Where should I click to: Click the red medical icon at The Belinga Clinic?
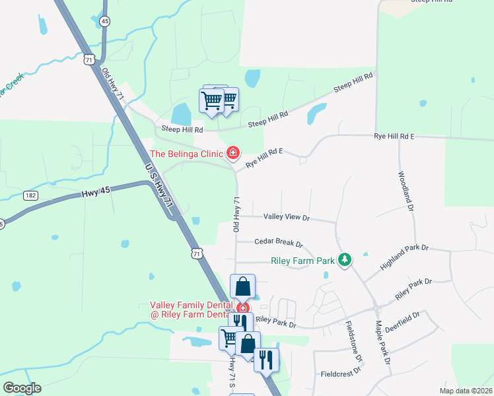tap(232, 154)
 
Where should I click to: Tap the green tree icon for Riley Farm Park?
tap(344, 260)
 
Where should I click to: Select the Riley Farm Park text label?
tap(303, 261)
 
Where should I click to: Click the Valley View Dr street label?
tap(286, 216)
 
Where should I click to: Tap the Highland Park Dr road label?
tap(404, 257)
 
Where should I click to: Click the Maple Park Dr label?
tap(383, 343)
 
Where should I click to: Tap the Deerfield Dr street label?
tap(402, 323)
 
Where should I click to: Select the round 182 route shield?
tap(30, 195)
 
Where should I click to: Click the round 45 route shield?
tap(105, 22)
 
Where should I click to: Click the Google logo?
tap(22, 388)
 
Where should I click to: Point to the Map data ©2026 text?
tap(465, 391)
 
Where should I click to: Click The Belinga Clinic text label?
tap(187, 154)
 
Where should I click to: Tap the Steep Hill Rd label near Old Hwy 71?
tap(179, 131)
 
